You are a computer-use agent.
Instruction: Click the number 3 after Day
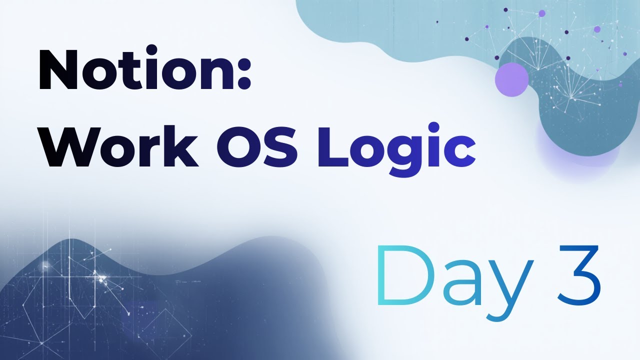pos(578,276)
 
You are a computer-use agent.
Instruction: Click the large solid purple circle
pos(511,79)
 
